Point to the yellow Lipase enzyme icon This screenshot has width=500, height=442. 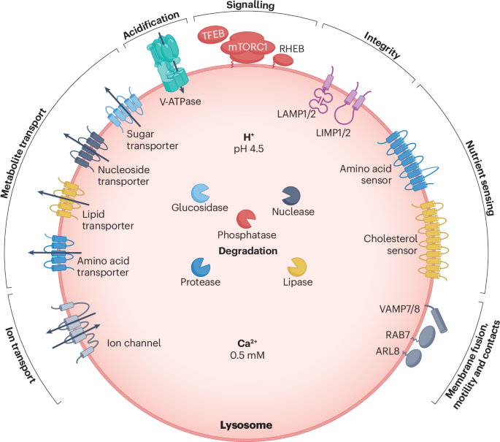[296, 267]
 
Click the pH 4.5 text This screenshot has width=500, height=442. [247, 150]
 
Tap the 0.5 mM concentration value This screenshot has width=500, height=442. [247, 355]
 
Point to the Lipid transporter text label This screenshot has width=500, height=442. [105, 220]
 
